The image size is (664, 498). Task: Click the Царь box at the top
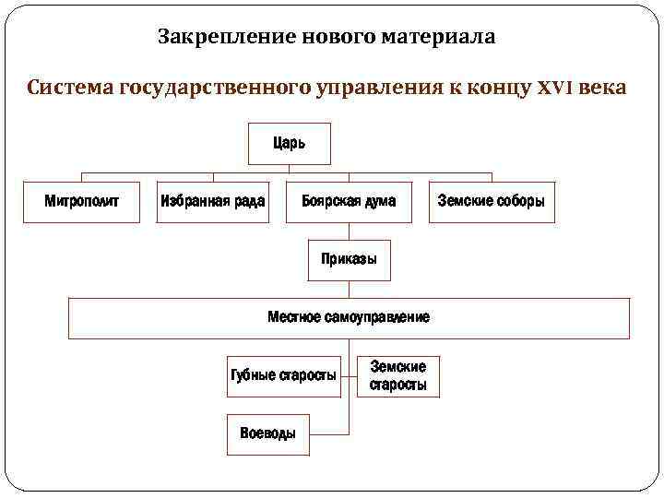pos(290,143)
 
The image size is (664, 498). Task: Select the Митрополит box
pos(82,200)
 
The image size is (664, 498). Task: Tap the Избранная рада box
pos(213,200)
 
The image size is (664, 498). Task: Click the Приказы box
pos(349,259)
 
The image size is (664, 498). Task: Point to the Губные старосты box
pos(282,375)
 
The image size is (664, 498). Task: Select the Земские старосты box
pos(398,376)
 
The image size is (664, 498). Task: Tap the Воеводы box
pos(267,433)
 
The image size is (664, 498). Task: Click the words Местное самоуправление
pos(349,317)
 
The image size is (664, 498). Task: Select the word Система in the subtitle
pos(70,89)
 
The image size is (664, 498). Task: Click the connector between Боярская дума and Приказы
pos(349,231)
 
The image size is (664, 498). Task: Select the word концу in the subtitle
pos(500,89)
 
